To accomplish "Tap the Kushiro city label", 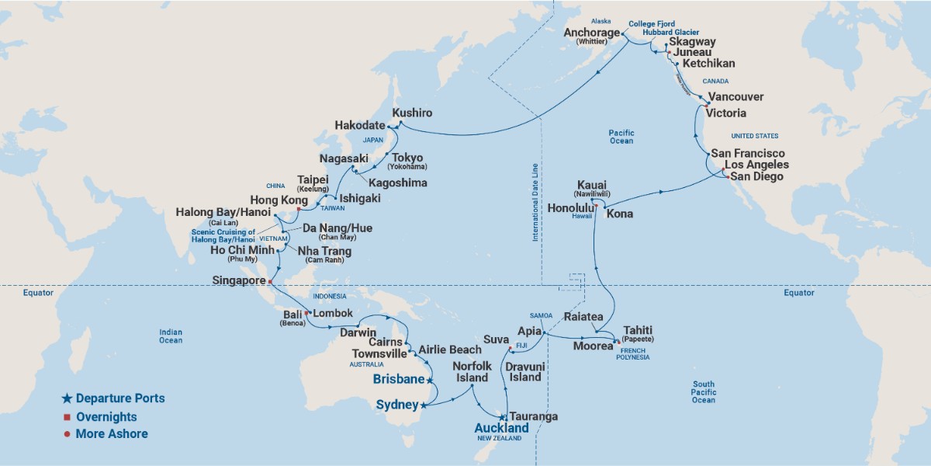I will (x=412, y=113).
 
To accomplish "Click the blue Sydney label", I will (x=396, y=405).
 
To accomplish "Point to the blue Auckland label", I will (x=501, y=428).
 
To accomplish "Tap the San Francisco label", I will (x=749, y=154).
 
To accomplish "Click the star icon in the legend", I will (x=67, y=398).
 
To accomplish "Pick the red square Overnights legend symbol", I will (x=67, y=417).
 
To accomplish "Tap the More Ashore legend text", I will (x=112, y=434).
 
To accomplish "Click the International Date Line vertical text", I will (x=535, y=203).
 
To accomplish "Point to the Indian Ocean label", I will (x=171, y=336).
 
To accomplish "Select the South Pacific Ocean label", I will (x=704, y=392).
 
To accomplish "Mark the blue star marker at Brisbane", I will (x=430, y=381).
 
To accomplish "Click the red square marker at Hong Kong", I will (x=299, y=209).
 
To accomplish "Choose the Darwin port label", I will (x=358, y=332).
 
